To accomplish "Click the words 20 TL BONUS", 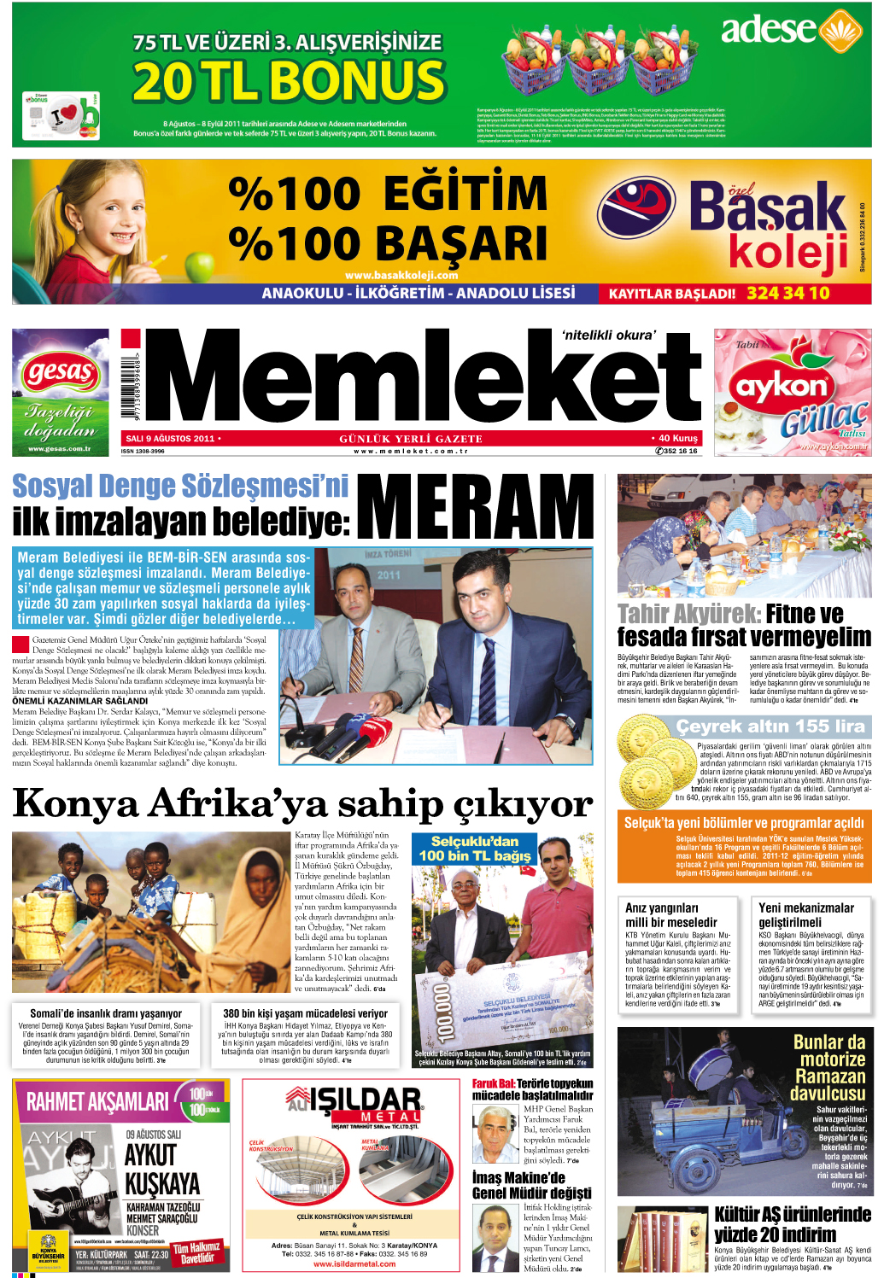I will tap(289, 82).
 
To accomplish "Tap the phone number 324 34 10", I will tap(787, 293).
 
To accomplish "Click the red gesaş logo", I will tap(60, 371).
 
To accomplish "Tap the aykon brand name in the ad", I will tap(782, 386).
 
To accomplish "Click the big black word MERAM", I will tap(475, 506).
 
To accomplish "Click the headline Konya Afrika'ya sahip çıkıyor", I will tap(302, 803).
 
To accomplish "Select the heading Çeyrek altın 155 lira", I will tap(770, 727).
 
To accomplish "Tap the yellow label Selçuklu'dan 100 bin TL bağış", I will tap(474, 849).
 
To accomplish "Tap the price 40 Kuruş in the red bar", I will tap(677, 438).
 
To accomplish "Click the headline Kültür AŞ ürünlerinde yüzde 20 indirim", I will tap(792, 1224).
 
